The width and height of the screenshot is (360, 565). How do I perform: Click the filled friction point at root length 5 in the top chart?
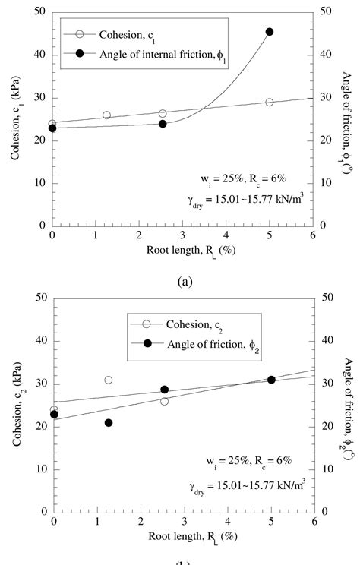270,32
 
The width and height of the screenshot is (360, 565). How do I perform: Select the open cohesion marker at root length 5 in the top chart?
270,102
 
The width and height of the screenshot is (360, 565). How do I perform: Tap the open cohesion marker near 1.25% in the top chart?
106,115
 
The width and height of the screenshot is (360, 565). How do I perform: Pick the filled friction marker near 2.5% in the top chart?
163,124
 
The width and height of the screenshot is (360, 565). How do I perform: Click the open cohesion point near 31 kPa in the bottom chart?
109,380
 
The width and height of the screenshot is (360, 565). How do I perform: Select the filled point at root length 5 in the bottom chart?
271,380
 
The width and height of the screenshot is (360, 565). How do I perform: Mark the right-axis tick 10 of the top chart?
324,183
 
